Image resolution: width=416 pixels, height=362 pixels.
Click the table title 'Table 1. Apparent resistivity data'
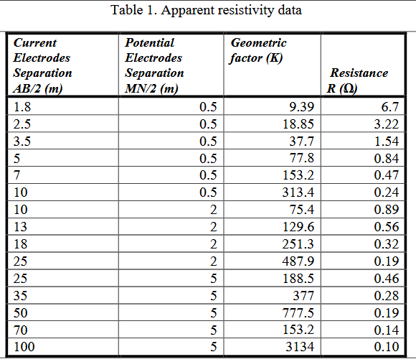207,10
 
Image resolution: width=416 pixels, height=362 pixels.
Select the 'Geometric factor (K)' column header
258,51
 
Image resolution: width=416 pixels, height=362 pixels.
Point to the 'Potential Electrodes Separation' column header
154,65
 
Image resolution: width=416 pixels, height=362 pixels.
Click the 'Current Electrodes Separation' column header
43,65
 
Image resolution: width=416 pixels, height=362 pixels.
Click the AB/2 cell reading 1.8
22,108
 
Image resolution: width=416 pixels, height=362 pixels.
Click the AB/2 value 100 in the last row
24,349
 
